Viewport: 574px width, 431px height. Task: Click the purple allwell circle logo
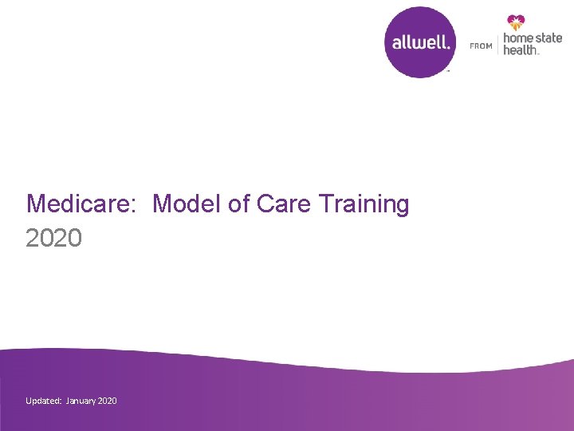pyautogui.click(x=421, y=42)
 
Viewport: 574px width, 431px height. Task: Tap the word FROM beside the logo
pyautogui.click(x=481, y=46)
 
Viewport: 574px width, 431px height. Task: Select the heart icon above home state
pyautogui.click(x=516, y=22)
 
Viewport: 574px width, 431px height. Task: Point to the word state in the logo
pyautogui.click(x=548, y=38)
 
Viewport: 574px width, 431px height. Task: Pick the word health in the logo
pyautogui.click(x=521, y=50)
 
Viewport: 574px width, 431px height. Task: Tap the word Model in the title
pyautogui.click(x=187, y=204)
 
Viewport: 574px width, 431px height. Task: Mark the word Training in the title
pyautogui.click(x=364, y=205)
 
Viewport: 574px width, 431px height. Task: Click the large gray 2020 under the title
pyautogui.click(x=53, y=237)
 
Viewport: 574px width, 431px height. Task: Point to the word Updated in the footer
pyautogui.click(x=42, y=401)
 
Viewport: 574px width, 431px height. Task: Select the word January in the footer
pyautogui.click(x=81, y=401)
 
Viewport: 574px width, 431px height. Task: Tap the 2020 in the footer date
pyautogui.click(x=107, y=401)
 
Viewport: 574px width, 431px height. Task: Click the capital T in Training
pyautogui.click(x=325, y=204)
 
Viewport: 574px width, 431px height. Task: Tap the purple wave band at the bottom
pyautogui.click(x=319, y=403)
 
